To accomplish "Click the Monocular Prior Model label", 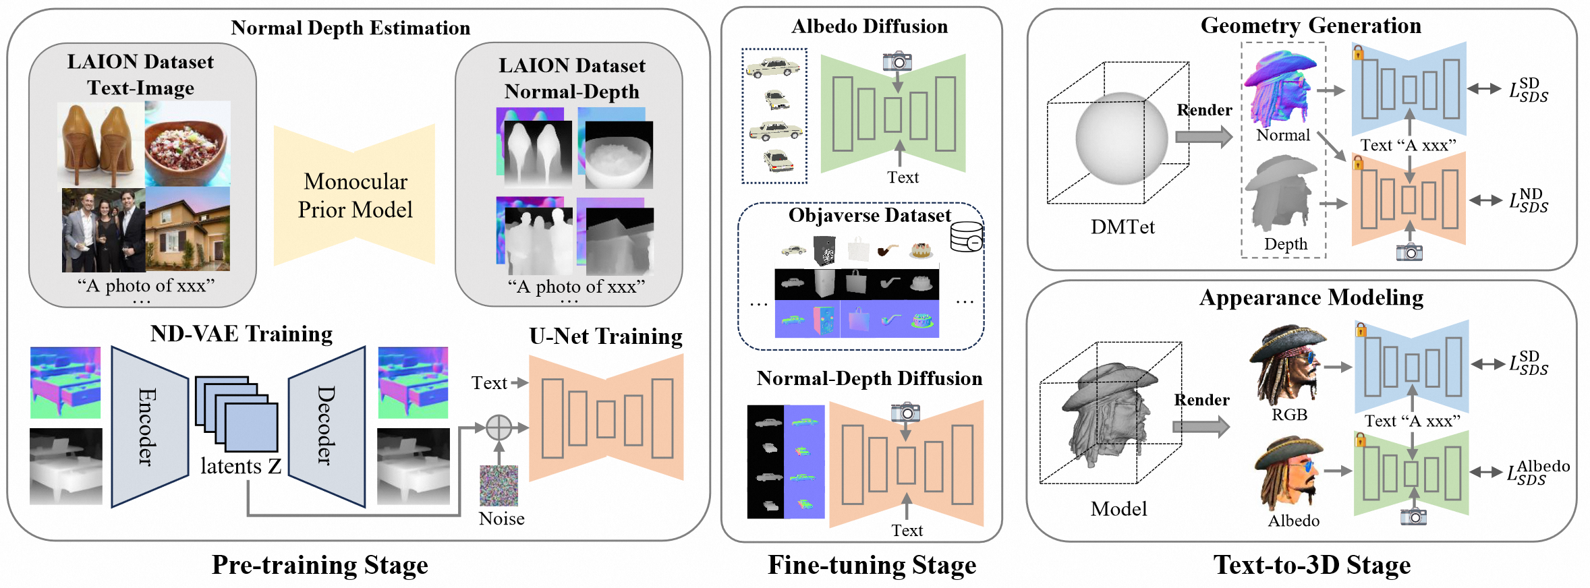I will (x=355, y=196).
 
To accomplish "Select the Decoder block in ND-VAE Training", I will (x=326, y=426).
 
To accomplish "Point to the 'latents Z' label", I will (x=241, y=467).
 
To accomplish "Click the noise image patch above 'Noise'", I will (x=499, y=486).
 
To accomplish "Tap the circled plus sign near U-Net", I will (x=499, y=427).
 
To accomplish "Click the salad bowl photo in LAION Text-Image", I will (x=188, y=143).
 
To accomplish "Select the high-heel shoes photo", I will (x=101, y=143).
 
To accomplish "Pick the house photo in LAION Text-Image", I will (x=188, y=229).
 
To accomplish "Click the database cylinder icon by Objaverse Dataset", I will (x=966, y=237).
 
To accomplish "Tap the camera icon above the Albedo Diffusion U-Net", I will (x=897, y=61).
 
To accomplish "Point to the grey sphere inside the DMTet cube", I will (x=1121, y=138).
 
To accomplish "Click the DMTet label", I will (x=1123, y=227).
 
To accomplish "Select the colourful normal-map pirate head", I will (x=1280, y=86).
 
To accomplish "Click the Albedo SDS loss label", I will (x=1538, y=472).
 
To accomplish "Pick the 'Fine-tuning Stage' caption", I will (x=872, y=565).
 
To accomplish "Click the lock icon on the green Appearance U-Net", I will (x=1361, y=440).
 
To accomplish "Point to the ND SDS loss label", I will (x=1529, y=201).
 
